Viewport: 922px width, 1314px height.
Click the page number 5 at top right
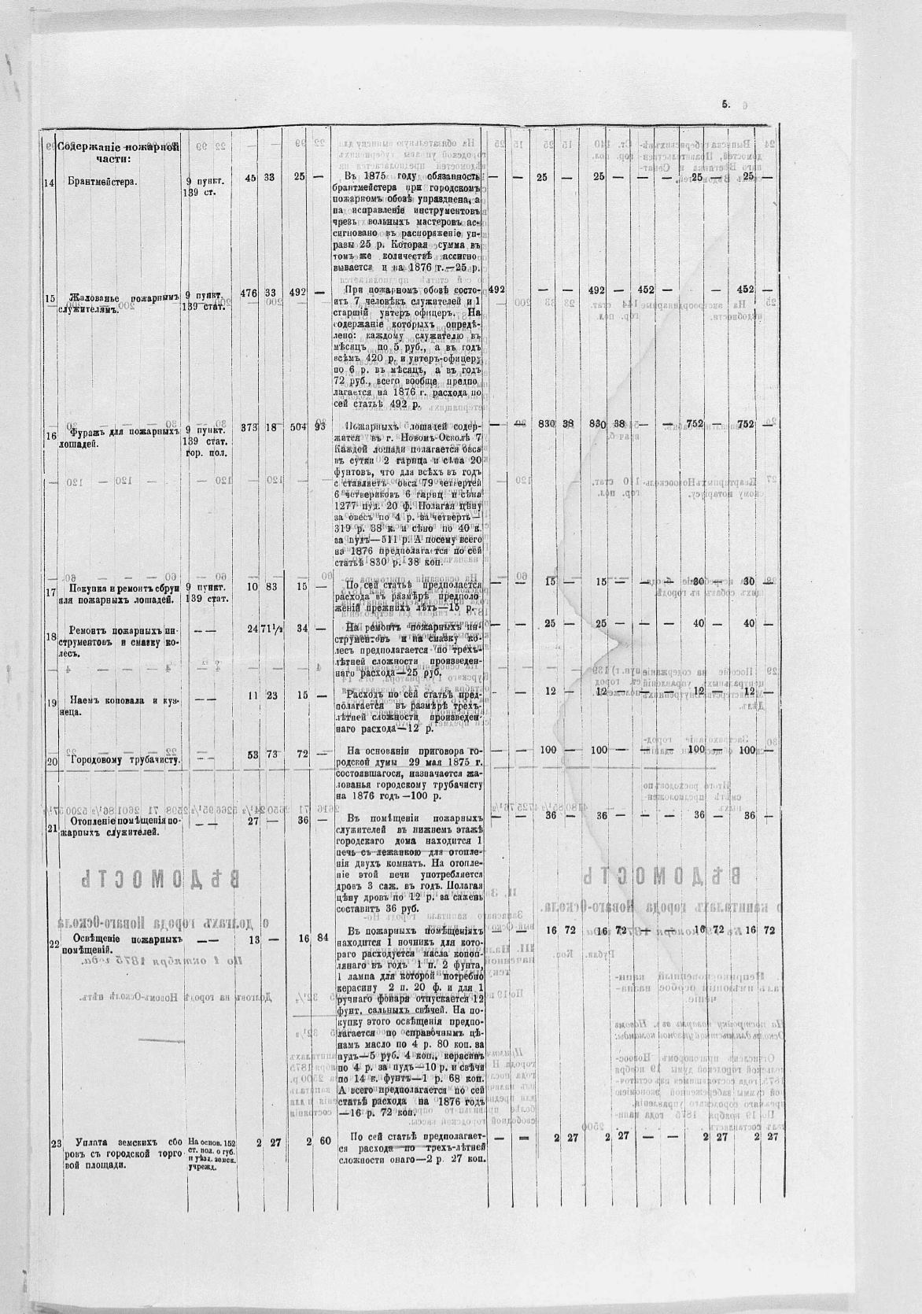coord(725,103)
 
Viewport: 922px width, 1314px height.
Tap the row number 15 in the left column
coord(51,298)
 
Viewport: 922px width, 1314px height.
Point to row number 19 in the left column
coord(51,702)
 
